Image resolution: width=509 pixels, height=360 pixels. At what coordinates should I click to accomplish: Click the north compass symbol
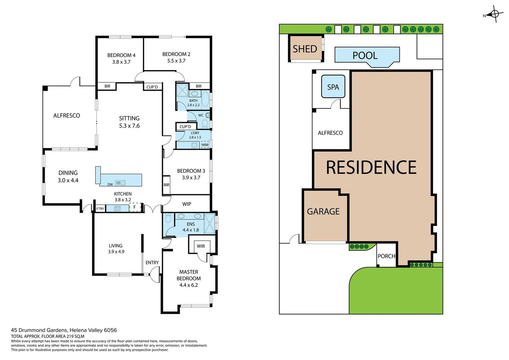pyautogui.click(x=495, y=14)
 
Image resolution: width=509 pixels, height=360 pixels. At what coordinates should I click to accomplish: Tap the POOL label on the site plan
pyautogui.click(x=365, y=55)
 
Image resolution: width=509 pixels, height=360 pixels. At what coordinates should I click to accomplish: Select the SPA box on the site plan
pyautogui.click(x=333, y=87)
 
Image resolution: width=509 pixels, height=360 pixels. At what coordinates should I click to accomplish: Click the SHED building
pyautogui.click(x=305, y=49)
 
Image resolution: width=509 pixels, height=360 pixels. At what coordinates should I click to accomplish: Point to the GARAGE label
pyautogui.click(x=323, y=211)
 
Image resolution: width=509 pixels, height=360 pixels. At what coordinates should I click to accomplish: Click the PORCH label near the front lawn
pyautogui.click(x=386, y=256)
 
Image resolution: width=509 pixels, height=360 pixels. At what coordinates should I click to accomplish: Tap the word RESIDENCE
pyautogui.click(x=371, y=167)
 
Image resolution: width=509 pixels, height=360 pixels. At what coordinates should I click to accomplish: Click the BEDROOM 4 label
pyautogui.click(x=121, y=55)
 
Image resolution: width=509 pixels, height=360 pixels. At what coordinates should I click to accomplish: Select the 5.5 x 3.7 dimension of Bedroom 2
pyautogui.click(x=176, y=61)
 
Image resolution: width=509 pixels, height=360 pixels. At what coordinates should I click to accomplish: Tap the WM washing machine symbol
pyautogui.click(x=205, y=145)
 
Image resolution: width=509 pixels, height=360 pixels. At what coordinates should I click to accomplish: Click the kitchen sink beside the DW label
pyautogui.click(x=120, y=183)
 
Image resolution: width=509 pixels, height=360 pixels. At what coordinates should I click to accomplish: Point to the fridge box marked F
pyautogui.click(x=135, y=207)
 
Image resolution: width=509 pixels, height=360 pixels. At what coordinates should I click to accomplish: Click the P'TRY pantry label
pyautogui.click(x=100, y=209)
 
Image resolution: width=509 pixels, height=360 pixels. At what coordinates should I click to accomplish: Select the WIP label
pyautogui.click(x=187, y=204)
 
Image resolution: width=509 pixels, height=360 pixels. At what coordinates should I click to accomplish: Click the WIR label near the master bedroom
pyautogui.click(x=201, y=246)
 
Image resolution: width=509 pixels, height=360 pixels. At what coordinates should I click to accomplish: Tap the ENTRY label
pyautogui.click(x=152, y=263)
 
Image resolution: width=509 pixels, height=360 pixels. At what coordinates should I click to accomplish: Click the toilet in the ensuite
pyautogui.click(x=168, y=218)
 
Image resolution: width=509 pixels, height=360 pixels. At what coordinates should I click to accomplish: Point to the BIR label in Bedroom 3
pyautogui.click(x=166, y=185)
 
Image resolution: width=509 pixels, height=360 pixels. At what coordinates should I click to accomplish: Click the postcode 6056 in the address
pyautogui.click(x=110, y=330)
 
